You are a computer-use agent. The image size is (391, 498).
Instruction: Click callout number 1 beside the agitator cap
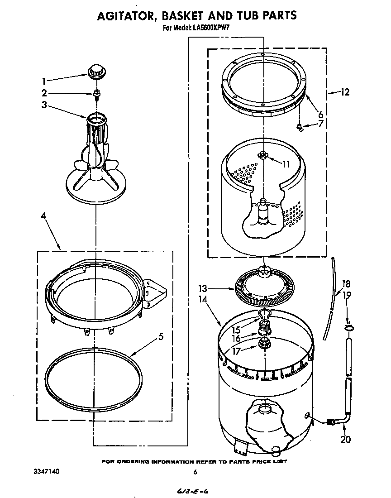(x=44, y=81)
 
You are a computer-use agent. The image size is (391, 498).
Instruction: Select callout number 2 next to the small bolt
(x=44, y=94)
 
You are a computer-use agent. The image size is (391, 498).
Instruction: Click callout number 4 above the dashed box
(x=44, y=216)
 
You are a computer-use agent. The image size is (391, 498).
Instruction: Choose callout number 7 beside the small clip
(x=320, y=123)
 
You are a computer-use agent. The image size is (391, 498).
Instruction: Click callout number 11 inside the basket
(x=285, y=164)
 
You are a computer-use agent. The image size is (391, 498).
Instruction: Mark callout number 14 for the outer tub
(x=202, y=299)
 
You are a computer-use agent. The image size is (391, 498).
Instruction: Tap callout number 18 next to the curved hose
(x=346, y=284)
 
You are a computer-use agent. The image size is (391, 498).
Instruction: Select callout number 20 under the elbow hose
(x=345, y=439)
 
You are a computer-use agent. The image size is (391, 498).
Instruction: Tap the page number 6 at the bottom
(x=195, y=472)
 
